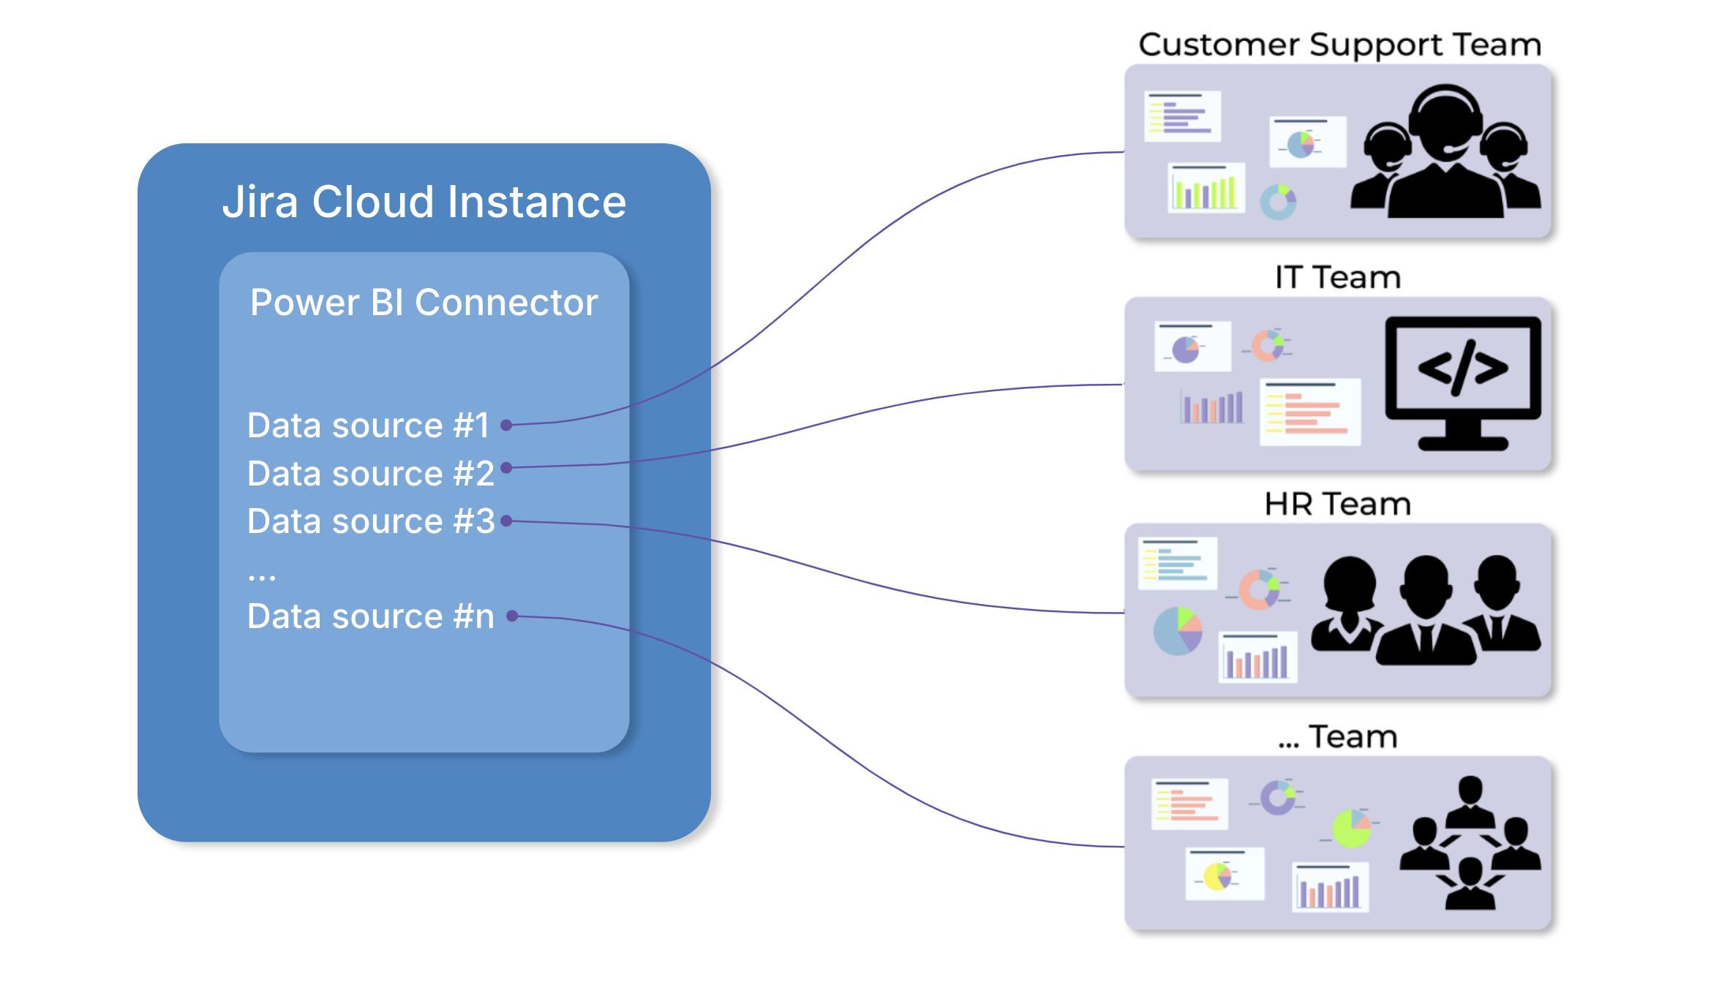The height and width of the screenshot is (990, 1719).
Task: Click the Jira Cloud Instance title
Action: point(424,202)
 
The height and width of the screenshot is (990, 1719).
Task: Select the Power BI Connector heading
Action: point(424,303)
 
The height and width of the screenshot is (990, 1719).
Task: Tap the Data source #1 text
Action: point(368,426)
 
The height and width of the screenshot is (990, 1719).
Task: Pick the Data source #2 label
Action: point(371,474)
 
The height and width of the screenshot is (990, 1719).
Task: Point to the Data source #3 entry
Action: point(371,521)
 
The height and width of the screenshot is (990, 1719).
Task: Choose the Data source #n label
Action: point(371,616)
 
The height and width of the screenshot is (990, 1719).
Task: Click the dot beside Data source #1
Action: point(505,425)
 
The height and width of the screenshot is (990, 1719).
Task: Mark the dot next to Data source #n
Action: point(512,616)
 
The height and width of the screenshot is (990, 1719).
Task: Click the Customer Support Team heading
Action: point(1339,45)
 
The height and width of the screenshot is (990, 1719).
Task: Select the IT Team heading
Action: point(1337,278)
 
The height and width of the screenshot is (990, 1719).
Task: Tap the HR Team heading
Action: point(1337,505)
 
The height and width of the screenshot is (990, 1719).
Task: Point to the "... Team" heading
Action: point(1337,737)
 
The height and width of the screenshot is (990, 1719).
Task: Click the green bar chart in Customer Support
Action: point(1205,189)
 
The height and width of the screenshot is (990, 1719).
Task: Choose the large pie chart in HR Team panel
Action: point(1178,631)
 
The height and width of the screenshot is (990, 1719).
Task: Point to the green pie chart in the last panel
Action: point(1351,828)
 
